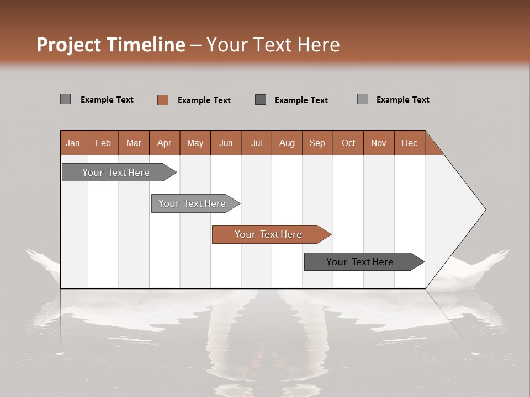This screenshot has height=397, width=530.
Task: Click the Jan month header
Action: point(73,143)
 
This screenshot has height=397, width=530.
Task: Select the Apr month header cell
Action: point(165,143)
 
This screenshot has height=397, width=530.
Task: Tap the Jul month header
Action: point(256,143)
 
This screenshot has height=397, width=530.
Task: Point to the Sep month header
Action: point(317,143)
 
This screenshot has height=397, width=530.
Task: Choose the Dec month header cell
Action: point(409,143)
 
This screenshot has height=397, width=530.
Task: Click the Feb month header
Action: point(103,143)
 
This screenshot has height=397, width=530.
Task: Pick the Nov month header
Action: point(379,143)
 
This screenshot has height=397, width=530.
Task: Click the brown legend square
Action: point(163,100)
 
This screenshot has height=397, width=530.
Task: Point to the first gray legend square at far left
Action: point(66,99)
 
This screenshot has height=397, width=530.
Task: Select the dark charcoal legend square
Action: point(261,99)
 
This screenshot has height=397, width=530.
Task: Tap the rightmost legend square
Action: point(363,99)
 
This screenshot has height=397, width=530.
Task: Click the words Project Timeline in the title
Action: point(110,45)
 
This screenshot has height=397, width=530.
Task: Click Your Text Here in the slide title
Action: point(273,45)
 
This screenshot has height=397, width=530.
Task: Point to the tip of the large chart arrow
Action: point(484,210)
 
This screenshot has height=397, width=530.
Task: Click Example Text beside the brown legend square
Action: point(204,100)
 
